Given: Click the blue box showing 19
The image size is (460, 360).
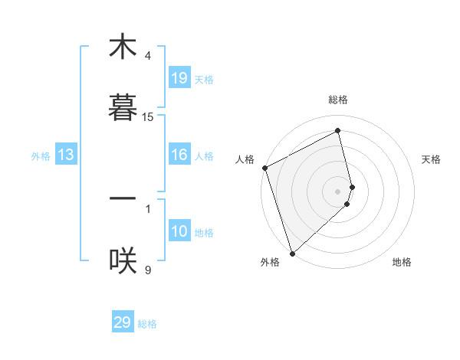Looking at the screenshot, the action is click(179, 77).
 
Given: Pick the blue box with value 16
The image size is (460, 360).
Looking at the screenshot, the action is click(179, 155).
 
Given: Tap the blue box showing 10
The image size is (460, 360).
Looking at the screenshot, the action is click(179, 231).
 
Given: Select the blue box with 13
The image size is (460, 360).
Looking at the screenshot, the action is click(66, 155).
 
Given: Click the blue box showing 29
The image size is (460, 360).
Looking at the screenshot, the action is click(123, 322).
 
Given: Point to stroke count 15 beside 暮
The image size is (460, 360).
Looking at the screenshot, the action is click(148, 117).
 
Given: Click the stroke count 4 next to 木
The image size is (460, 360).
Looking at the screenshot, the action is click(148, 56).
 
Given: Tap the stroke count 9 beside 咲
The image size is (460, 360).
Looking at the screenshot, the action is click(148, 269).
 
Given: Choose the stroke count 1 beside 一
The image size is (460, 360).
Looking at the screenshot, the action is click(148, 208).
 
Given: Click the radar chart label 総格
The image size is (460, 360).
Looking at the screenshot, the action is click(338, 100).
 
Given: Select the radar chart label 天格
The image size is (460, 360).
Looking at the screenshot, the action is click(432, 159).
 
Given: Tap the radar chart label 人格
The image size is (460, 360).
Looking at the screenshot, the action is click(245, 159).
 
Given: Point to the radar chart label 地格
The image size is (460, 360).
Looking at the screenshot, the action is click(402, 262).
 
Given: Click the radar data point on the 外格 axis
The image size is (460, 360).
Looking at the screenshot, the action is click(291, 253).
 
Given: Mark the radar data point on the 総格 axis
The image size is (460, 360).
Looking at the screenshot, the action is click(338, 130).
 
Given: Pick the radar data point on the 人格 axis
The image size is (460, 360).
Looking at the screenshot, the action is click(264, 168).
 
